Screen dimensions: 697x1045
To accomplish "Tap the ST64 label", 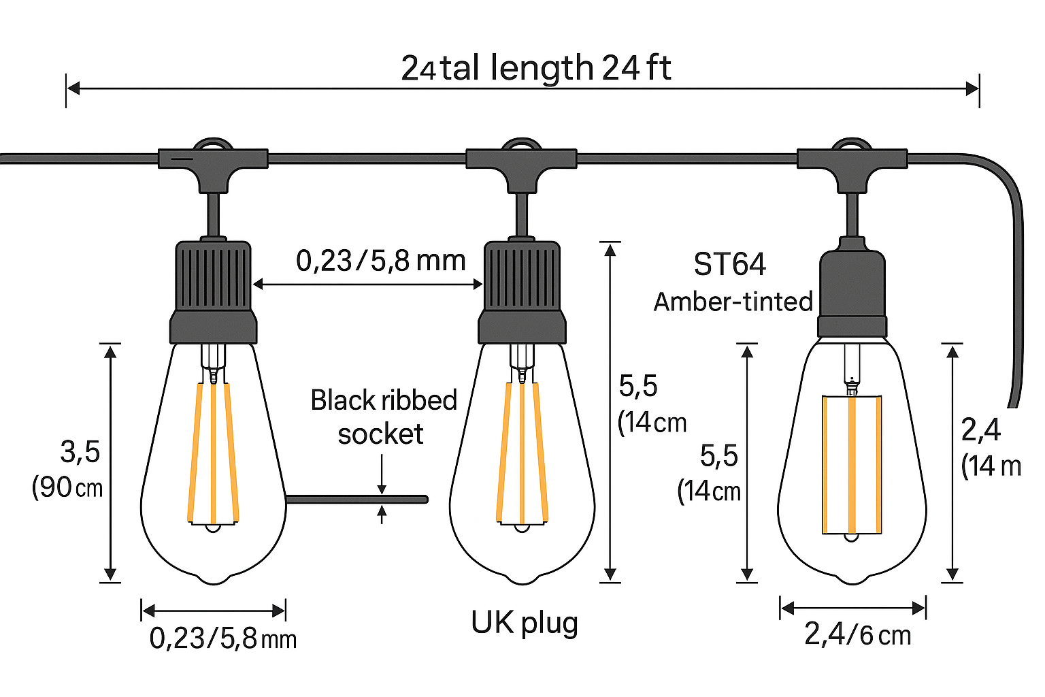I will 729,264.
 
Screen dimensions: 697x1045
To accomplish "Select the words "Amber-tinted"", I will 733,302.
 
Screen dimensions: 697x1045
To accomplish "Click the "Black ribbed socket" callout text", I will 383,417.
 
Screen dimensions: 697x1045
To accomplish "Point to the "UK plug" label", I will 525,622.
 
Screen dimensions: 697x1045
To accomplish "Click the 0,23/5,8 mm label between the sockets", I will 380,261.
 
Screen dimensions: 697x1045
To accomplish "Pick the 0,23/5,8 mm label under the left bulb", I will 222,638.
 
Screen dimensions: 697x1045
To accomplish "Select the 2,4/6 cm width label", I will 857,635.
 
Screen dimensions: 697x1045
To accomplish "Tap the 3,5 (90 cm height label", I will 68,470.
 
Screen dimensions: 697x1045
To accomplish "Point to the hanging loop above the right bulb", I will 852,145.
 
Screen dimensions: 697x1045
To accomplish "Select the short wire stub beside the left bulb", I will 357,500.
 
